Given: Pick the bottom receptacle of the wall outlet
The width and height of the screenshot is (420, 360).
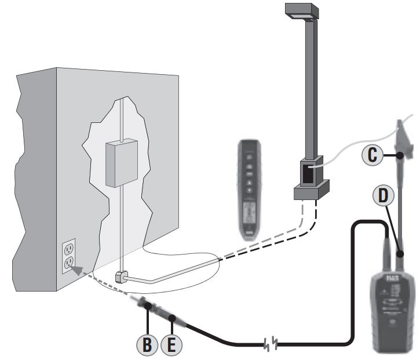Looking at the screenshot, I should [x=69, y=264].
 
